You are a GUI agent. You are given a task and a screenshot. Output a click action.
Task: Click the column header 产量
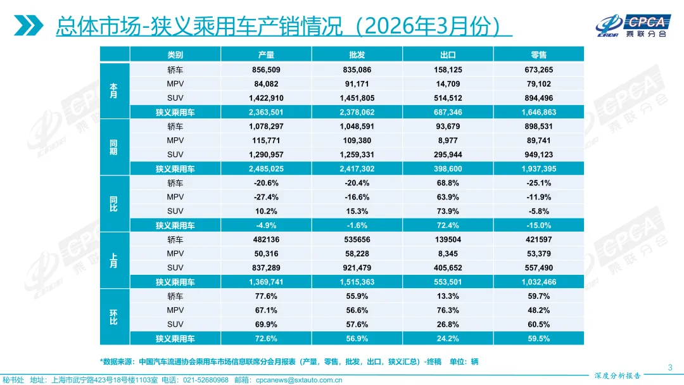(x=266, y=55)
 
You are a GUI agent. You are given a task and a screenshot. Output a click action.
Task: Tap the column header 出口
(x=448, y=55)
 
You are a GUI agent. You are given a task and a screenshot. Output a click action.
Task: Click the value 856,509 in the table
(x=266, y=70)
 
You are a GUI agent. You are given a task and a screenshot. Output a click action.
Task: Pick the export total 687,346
(x=448, y=112)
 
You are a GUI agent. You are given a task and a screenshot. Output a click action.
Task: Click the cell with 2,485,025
(x=266, y=169)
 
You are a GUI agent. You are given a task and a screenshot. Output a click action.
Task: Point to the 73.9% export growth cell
(x=448, y=211)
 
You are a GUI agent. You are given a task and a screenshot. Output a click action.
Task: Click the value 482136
(x=266, y=240)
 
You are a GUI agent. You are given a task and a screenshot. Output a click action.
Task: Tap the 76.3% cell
(x=448, y=310)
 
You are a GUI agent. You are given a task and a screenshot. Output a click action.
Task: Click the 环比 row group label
(x=113, y=317)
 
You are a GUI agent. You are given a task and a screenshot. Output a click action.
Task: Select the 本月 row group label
(x=113, y=91)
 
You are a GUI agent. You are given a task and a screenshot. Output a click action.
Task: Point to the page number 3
(x=670, y=368)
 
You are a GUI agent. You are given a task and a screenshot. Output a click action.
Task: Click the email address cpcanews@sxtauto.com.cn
(x=298, y=380)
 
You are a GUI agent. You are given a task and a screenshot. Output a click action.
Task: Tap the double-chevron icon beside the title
(x=29, y=25)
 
